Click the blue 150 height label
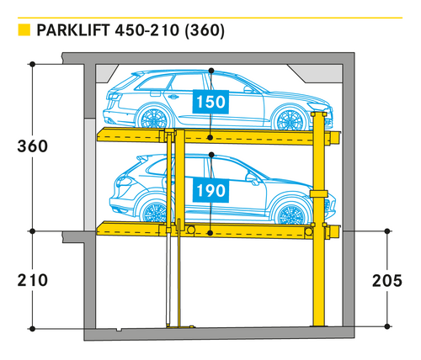[x=210, y=102]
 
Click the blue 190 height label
[x=210, y=191]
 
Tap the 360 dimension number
[x=33, y=146]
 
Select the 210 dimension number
[x=33, y=280]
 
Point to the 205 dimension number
[x=387, y=281]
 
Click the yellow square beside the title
[x=24, y=30]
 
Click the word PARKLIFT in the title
[x=73, y=30]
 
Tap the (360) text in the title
[x=205, y=30]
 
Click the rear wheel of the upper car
[x=153, y=119]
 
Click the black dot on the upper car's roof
[x=211, y=71]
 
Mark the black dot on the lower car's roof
[x=211, y=155]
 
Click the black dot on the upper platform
[x=210, y=137]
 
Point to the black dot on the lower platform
[x=210, y=233]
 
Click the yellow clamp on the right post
[x=319, y=193]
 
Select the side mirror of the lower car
[x=251, y=178]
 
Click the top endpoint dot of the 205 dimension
[x=387, y=231]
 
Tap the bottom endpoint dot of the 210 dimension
[x=33, y=329]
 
